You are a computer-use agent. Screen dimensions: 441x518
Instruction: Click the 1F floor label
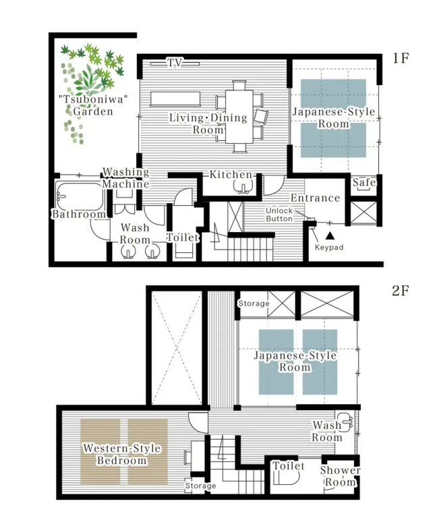401,58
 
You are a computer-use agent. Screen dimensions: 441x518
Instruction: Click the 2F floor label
401,291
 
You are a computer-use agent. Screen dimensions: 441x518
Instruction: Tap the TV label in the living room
175,63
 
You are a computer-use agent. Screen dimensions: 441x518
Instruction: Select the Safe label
364,182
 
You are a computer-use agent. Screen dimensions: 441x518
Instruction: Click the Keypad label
329,247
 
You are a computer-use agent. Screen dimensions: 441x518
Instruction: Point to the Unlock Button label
279,214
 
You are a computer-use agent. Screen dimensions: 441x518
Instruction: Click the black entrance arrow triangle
329,235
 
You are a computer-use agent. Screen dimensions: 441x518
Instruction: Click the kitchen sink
243,188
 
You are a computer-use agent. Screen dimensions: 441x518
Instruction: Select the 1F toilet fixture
184,250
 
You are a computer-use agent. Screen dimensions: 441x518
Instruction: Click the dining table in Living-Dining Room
239,116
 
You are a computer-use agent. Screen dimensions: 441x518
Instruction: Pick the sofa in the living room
175,99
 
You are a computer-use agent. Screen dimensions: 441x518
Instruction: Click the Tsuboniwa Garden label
93,105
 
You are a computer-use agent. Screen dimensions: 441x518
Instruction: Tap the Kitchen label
231,175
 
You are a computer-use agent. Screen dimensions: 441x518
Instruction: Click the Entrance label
315,198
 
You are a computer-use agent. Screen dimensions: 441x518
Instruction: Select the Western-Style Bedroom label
122,454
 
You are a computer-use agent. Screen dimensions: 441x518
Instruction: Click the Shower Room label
340,476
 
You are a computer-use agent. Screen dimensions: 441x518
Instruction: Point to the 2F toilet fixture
286,477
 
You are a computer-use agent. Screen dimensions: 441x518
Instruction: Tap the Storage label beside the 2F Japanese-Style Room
254,304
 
